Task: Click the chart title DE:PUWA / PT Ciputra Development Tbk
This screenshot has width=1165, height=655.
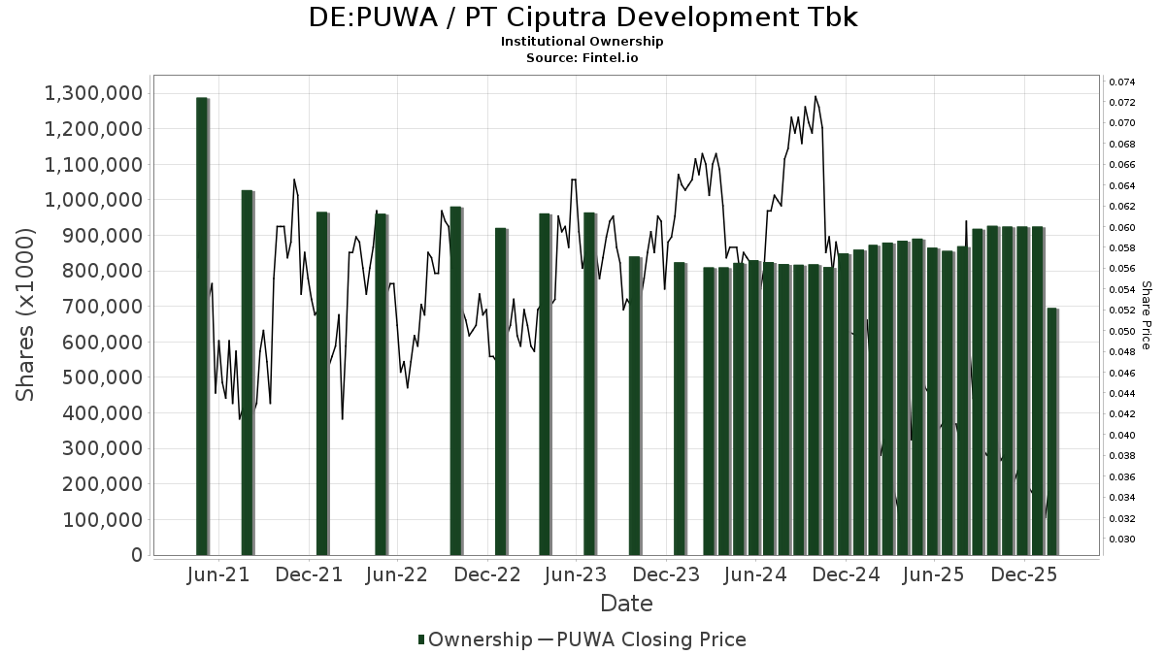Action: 582,17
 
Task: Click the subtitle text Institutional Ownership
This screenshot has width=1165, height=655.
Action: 582,42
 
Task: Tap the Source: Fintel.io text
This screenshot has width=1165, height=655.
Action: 582,57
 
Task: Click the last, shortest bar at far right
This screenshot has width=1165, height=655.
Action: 1051,431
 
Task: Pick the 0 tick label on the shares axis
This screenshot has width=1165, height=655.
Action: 136,555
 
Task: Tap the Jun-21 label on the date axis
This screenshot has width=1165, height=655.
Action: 218,575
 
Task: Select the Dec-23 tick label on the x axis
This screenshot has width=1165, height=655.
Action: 667,575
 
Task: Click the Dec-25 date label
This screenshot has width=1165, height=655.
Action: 1024,575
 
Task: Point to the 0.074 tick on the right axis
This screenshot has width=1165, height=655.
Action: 1121,82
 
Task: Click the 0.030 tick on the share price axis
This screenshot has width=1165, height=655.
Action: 1121,540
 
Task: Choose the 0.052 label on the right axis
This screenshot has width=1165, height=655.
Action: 1121,311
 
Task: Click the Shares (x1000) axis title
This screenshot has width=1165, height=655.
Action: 27,314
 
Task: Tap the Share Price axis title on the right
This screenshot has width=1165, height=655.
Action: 1146,314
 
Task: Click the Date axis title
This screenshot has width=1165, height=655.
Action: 626,604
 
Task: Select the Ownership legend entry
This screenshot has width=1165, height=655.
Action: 474,639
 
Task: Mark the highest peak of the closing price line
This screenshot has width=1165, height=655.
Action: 815,96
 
